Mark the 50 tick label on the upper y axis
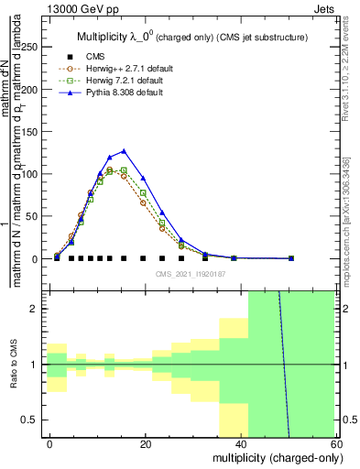point(35,216)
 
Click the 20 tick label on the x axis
point(146,442)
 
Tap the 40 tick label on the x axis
point(241,442)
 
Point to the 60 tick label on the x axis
point(335,442)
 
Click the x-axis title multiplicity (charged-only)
point(272,457)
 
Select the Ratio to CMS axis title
point(13,365)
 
